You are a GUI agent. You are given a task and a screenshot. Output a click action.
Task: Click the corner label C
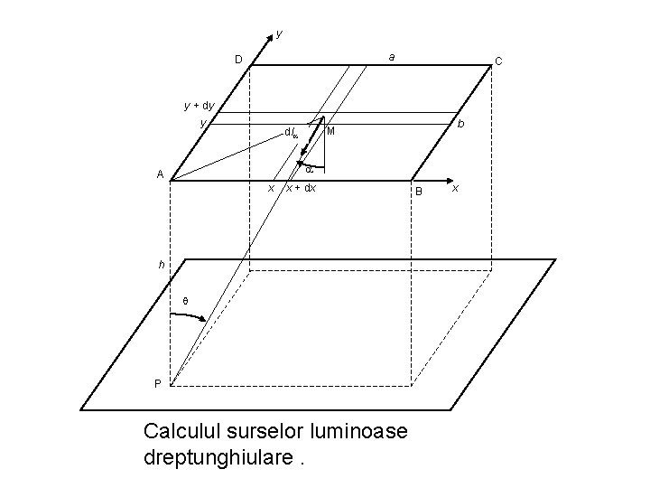[498, 61]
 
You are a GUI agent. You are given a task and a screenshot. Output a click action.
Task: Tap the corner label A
[159, 174]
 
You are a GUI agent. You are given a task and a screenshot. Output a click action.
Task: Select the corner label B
[418, 192]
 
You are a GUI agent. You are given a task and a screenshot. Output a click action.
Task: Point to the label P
[157, 382]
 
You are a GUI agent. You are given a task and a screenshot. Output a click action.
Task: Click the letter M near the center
[331, 132]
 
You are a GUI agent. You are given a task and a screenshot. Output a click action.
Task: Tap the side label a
[391, 57]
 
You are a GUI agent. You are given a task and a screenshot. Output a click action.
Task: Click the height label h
[161, 265]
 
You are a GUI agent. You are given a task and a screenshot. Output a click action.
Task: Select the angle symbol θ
[185, 301]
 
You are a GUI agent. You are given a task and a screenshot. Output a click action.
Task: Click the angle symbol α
[309, 169]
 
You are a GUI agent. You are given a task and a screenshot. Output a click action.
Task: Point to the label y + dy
[199, 105]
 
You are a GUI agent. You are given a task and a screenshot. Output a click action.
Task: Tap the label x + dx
[301, 188]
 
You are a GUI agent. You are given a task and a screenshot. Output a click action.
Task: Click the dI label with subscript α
[291, 132]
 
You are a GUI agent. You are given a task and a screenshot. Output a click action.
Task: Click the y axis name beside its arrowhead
[279, 33]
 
